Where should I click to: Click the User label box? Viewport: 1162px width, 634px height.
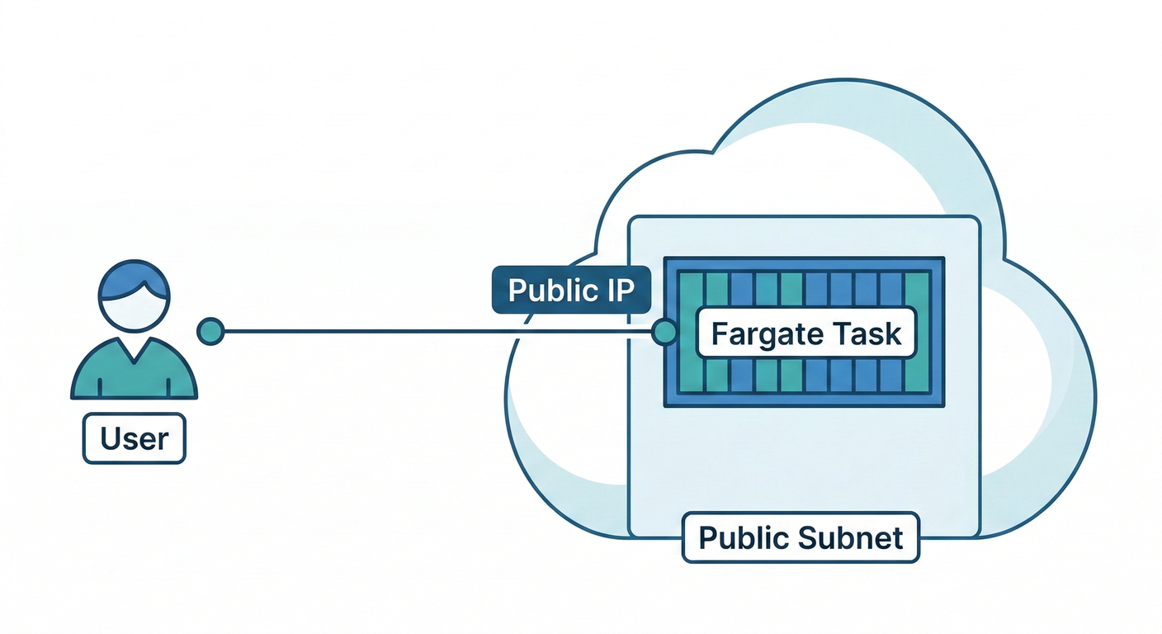[135, 438]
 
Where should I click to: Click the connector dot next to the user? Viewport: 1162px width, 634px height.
[210, 331]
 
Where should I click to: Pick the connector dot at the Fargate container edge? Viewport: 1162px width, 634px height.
[664, 332]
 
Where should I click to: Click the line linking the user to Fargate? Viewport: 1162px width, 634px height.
[437, 332]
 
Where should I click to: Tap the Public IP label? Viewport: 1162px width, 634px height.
[571, 291]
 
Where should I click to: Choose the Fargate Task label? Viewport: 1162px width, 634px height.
[805, 334]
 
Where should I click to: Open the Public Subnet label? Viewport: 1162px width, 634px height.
[801, 537]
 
